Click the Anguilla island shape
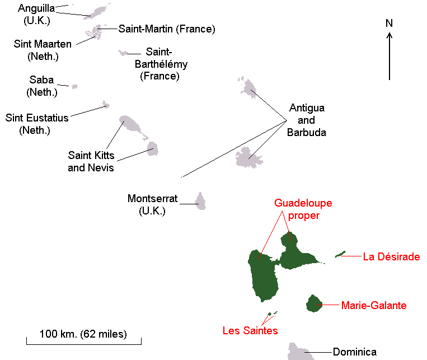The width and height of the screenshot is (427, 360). pyautogui.click(x=100, y=11)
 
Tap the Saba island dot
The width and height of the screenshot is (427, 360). pyautogui.click(x=74, y=86)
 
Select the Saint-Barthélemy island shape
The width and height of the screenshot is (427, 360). pyautogui.click(x=123, y=53)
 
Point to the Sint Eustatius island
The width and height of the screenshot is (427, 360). pyautogui.click(x=106, y=105)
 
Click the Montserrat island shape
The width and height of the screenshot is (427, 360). pyautogui.click(x=200, y=201)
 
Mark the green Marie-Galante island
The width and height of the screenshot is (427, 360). pyautogui.click(x=314, y=303)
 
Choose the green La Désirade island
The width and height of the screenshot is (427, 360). pyautogui.click(x=340, y=254)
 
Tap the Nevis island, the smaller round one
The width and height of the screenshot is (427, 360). pyautogui.click(x=152, y=148)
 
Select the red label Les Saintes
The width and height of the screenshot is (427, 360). pyautogui.click(x=250, y=330)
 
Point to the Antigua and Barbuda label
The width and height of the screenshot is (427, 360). pyautogui.click(x=307, y=120)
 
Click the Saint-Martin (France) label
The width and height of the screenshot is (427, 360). pyautogui.click(x=167, y=29)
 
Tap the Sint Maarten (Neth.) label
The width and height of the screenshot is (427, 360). pyautogui.click(x=43, y=50)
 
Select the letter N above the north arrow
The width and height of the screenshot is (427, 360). pyautogui.click(x=389, y=24)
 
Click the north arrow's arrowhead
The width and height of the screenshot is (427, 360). pyautogui.click(x=390, y=35)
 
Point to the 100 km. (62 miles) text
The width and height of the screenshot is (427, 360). pyautogui.click(x=83, y=334)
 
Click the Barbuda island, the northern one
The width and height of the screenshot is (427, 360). pyautogui.click(x=245, y=87)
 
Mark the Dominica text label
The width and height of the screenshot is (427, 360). pyautogui.click(x=354, y=352)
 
